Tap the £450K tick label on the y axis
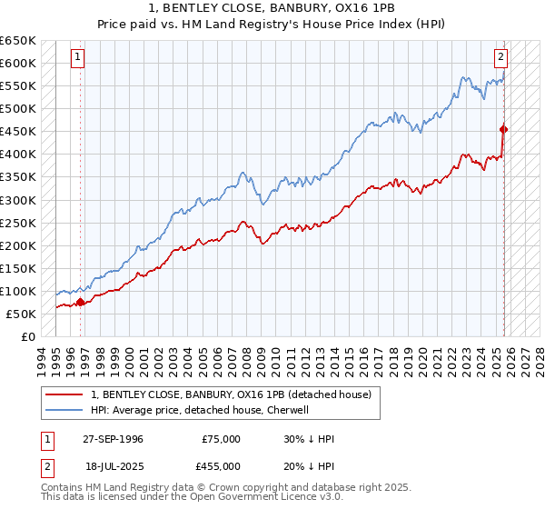pyautogui.click(x=18, y=131)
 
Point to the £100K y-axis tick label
pyautogui.click(x=18, y=291)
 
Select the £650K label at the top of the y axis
pyautogui.click(x=18, y=41)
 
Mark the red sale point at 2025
pyautogui.click(x=504, y=129)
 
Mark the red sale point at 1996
pyautogui.click(x=81, y=302)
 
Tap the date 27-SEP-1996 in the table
pyautogui.click(x=113, y=439)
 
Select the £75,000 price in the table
pyautogui.click(x=222, y=439)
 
